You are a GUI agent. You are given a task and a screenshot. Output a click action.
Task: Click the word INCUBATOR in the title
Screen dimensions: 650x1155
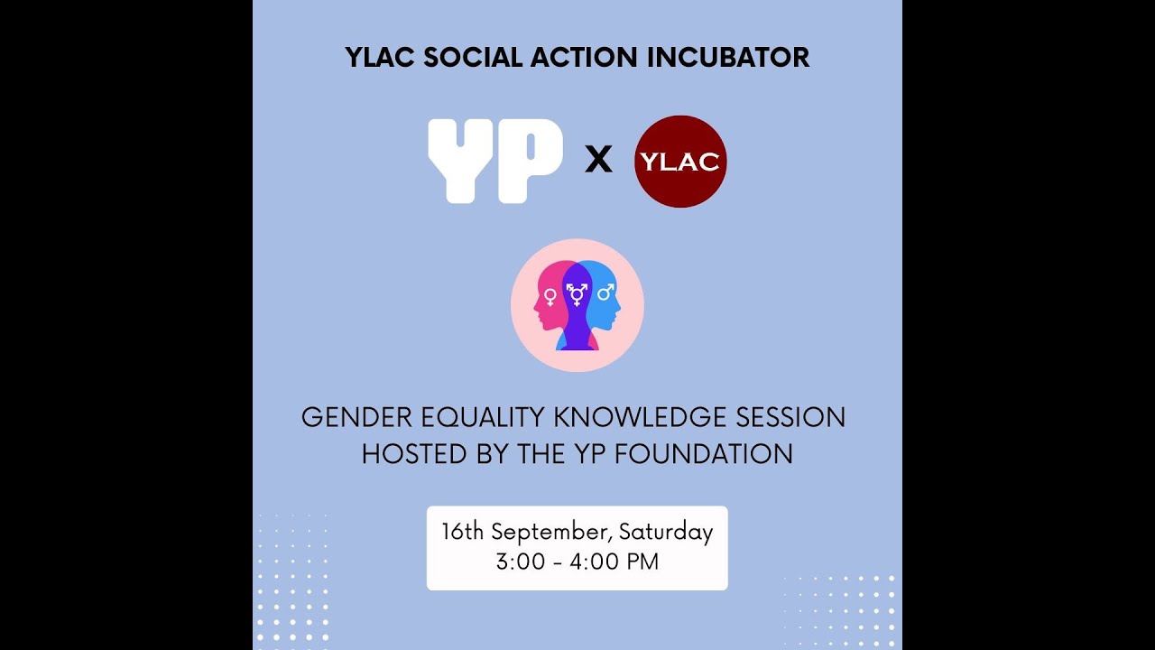point(728,57)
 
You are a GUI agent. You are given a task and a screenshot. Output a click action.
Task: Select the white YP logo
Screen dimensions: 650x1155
point(494,161)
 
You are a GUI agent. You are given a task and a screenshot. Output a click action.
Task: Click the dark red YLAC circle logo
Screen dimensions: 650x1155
point(680,162)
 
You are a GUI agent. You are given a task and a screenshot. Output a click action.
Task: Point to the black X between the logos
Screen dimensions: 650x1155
point(598,161)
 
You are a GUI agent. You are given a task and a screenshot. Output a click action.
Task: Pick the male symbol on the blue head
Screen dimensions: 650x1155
point(605,292)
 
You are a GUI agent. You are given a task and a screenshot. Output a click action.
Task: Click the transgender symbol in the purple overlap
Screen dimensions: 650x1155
point(577,293)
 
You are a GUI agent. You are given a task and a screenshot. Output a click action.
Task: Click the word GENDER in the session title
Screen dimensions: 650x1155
point(347,417)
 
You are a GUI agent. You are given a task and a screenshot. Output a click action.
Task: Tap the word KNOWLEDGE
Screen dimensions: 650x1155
point(629,417)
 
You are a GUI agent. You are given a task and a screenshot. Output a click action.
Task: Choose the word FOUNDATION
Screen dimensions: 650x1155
point(704,453)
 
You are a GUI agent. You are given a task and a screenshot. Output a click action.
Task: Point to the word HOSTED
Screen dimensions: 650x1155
point(403,453)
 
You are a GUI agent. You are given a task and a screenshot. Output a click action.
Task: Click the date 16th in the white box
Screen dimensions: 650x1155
point(463,532)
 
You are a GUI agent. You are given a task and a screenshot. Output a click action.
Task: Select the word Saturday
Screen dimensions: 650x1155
point(664,532)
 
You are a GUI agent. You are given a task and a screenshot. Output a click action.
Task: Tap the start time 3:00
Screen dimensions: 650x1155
point(520,562)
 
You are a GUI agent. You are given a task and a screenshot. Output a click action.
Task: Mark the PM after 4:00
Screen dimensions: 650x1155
point(642,562)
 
